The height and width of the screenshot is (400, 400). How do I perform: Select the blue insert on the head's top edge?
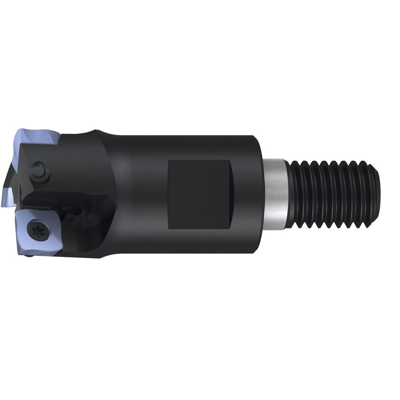37,137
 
